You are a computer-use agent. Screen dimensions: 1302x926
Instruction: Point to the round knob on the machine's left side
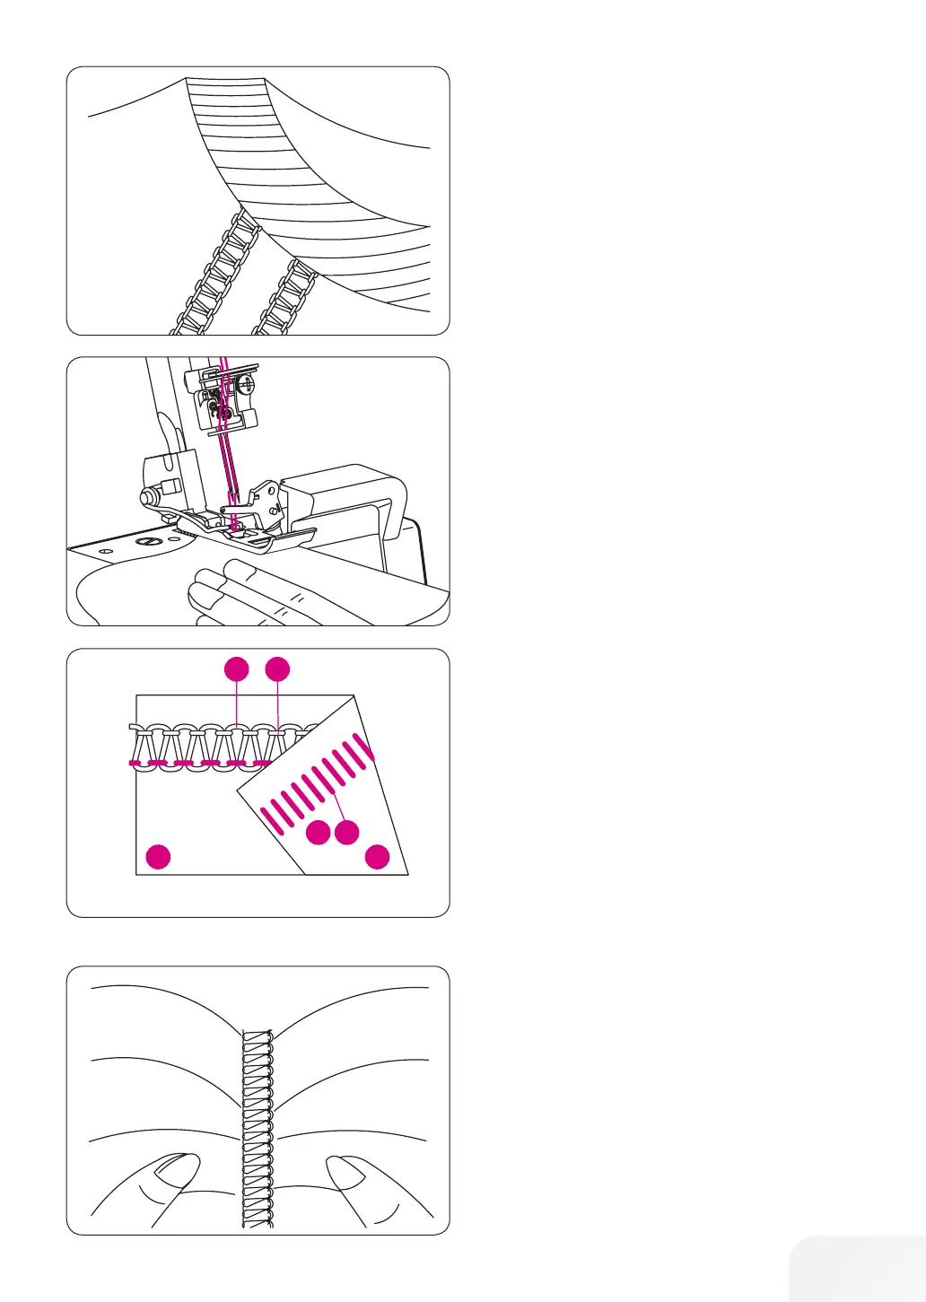(x=144, y=495)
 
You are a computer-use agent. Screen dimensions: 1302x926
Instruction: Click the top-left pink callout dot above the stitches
(x=236, y=668)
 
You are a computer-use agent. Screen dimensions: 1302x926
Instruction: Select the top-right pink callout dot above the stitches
(x=278, y=668)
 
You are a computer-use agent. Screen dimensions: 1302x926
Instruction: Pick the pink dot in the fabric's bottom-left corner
(x=159, y=856)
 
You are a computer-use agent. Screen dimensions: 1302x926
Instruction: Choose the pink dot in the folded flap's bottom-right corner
(x=378, y=857)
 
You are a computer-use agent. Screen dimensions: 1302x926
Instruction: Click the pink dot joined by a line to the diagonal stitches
(x=347, y=832)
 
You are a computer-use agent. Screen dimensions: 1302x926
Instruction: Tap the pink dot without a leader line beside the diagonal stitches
(x=318, y=833)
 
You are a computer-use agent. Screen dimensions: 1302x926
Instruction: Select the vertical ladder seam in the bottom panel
(x=258, y=1131)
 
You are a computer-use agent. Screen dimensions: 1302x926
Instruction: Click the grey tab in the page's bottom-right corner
(x=858, y=1269)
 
